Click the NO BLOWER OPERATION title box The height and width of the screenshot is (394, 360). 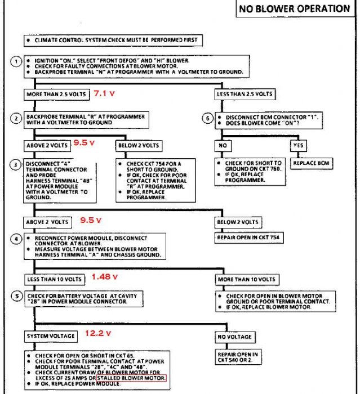click(x=295, y=8)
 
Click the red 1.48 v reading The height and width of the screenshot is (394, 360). click(x=104, y=277)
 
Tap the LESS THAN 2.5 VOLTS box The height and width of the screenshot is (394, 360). click(x=245, y=94)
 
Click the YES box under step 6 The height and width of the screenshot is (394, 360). click(x=299, y=145)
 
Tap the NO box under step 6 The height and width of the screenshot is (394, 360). click(x=223, y=145)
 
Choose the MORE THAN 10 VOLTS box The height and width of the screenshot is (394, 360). click(x=247, y=279)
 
